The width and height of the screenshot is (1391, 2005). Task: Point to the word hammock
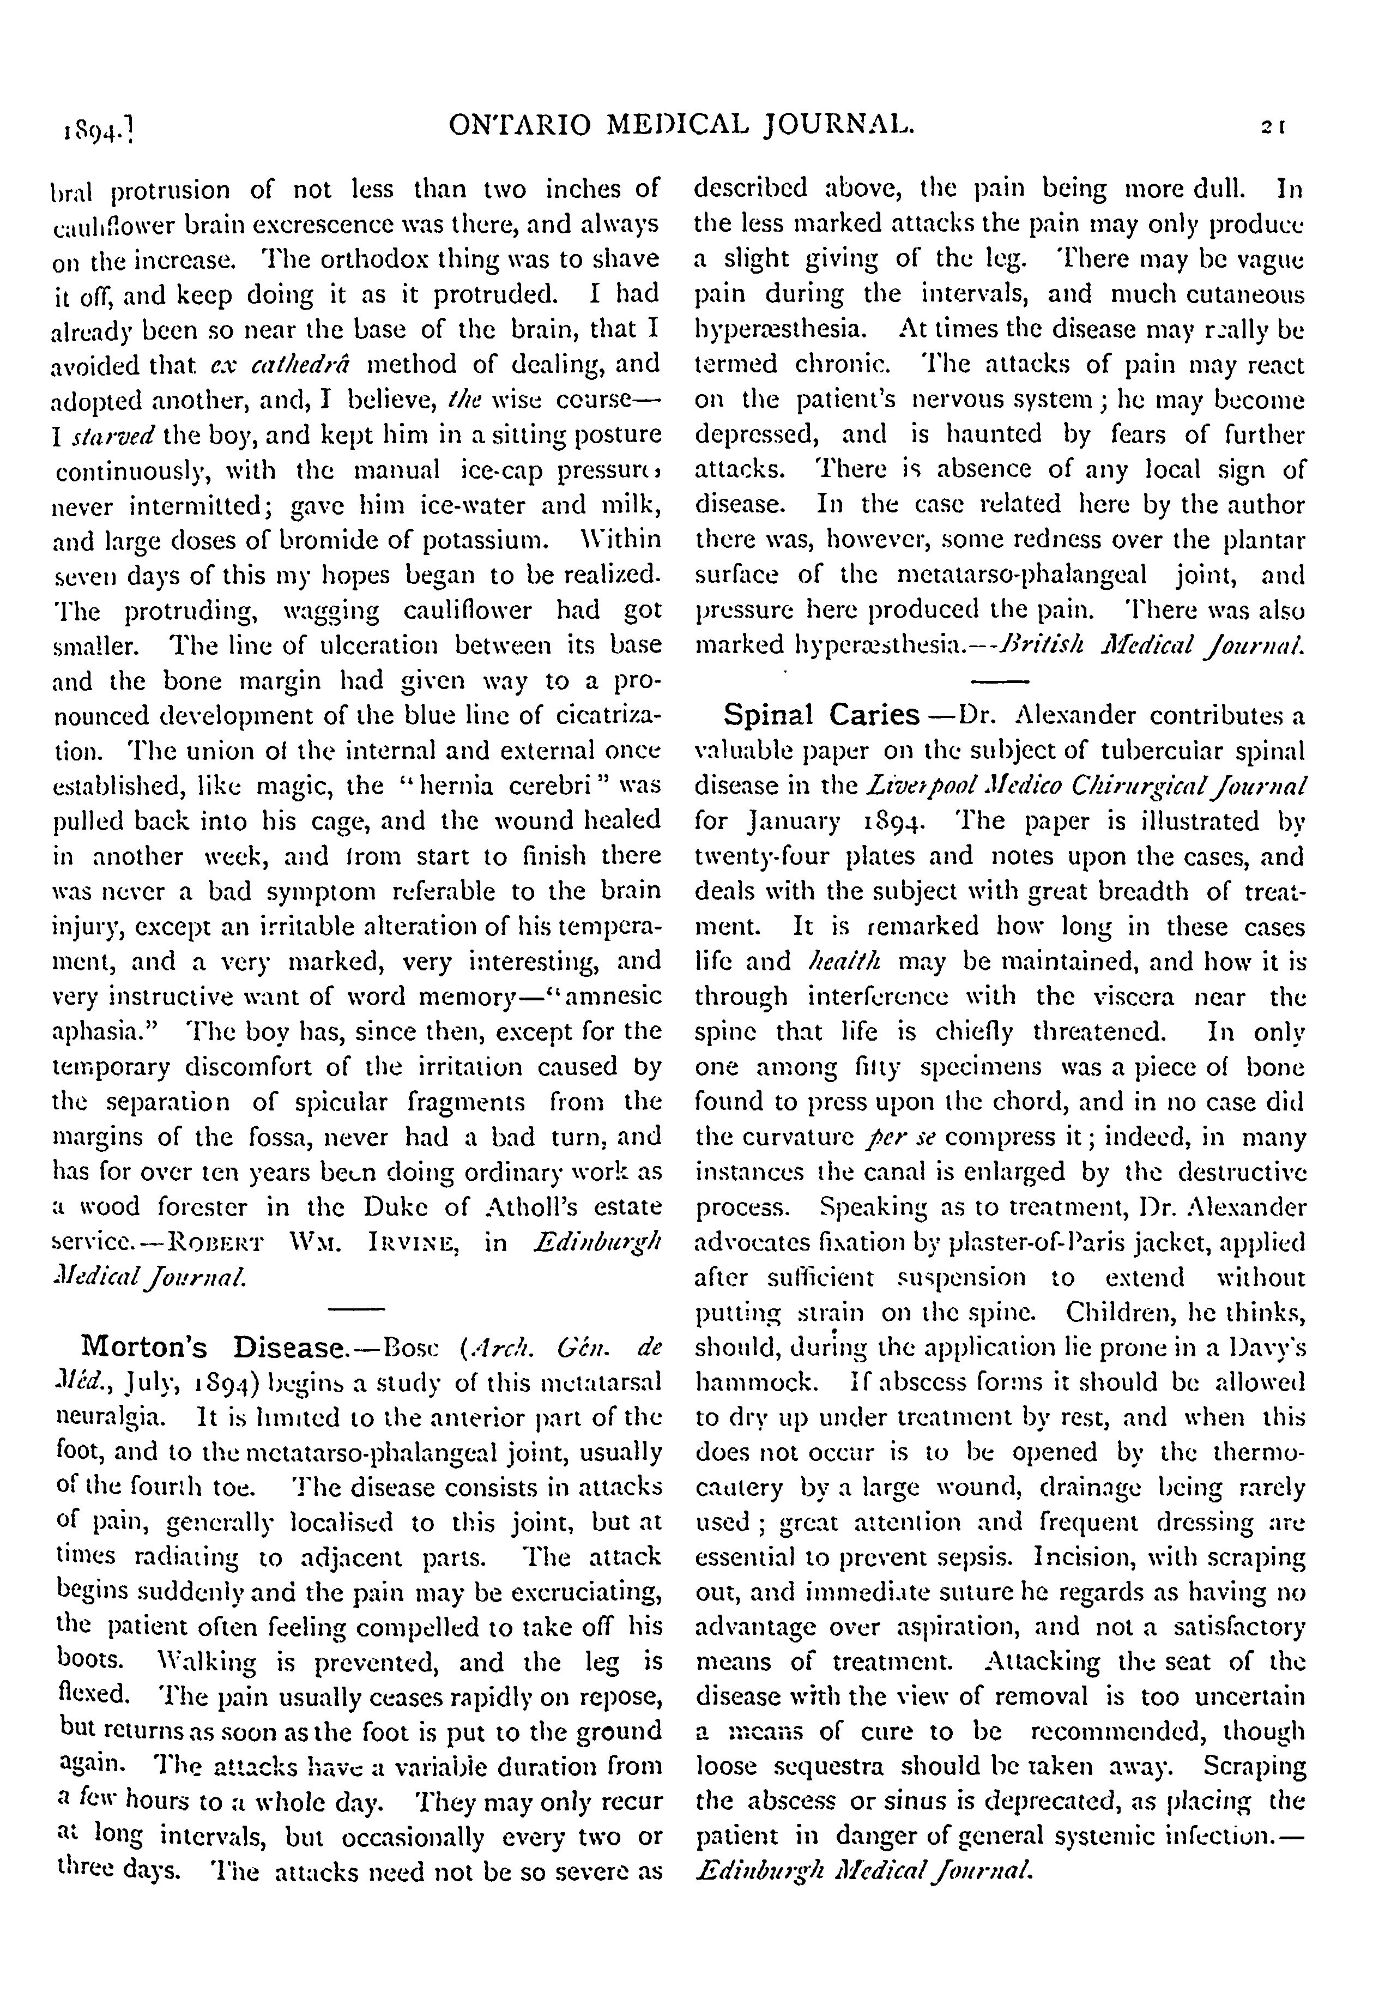pyautogui.click(x=749, y=1382)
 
